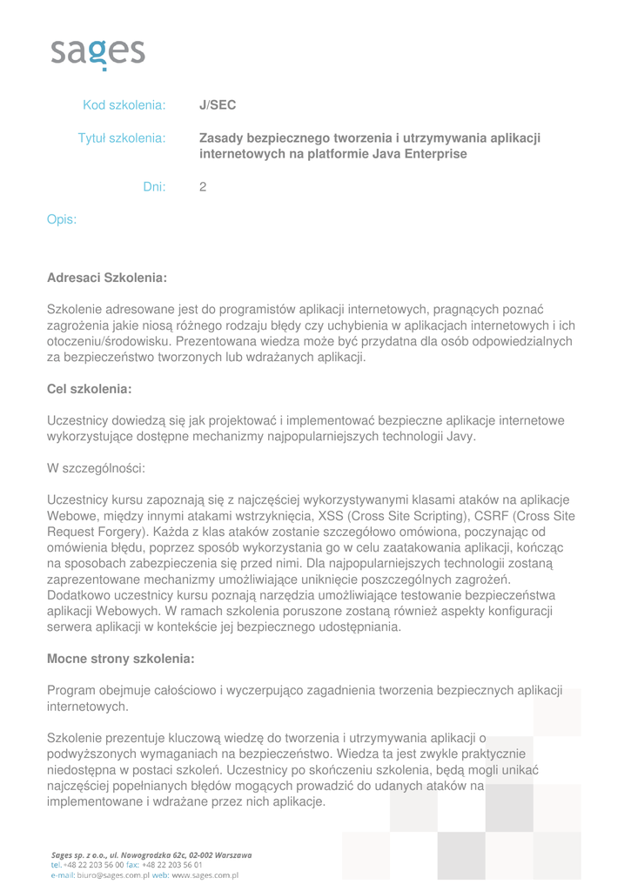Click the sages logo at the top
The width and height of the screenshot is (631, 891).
(x=97, y=53)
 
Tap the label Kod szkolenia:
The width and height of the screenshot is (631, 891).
(x=124, y=105)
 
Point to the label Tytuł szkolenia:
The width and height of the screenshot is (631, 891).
(x=122, y=137)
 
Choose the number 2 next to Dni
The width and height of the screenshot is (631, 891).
(x=203, y=186)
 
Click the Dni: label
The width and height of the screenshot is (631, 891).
(x=154, y=186)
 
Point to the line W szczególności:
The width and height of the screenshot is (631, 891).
(x=95, y=468)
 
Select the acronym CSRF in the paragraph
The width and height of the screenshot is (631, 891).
(x=480, y=515)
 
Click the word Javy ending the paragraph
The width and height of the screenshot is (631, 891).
(x=460, y=436)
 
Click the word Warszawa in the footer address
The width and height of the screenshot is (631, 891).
(x=228, y=855)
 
